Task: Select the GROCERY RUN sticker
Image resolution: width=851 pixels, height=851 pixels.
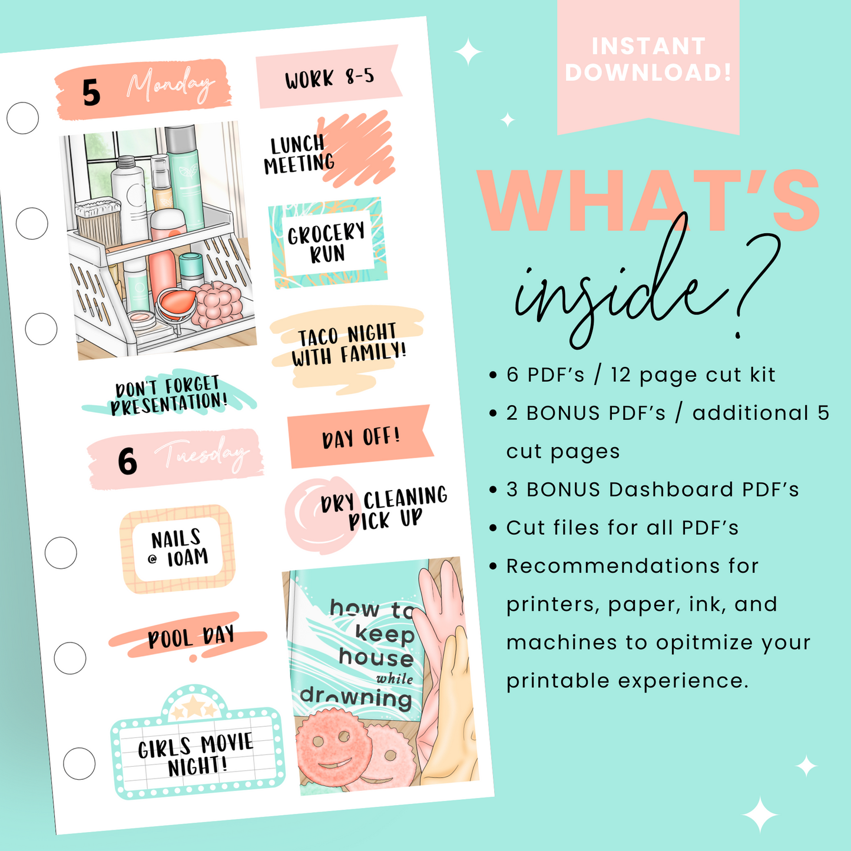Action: point(327,243)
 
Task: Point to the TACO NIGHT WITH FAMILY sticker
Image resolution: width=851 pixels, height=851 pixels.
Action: point(347,346)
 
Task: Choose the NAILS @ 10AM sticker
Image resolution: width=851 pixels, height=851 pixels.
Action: point(178,548)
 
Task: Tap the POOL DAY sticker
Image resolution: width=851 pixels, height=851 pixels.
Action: point(190,637)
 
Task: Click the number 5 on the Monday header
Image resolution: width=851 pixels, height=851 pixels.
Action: point(91,94)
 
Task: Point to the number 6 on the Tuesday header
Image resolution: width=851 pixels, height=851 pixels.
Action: point(127,461)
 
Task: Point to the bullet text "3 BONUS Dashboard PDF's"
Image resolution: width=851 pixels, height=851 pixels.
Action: point(653,489)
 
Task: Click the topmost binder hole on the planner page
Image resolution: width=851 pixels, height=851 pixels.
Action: point(23,118)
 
